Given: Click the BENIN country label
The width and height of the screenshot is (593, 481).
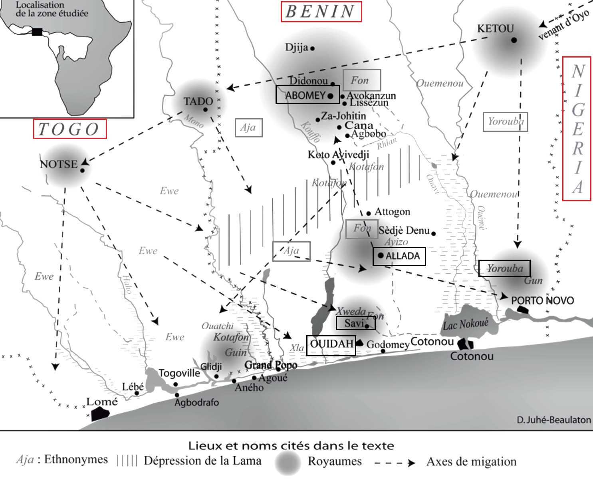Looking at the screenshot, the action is coord(321,12).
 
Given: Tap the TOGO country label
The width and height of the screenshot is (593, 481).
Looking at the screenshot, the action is coord(70,129).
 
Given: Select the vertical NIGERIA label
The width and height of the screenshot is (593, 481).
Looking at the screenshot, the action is coord(577,129).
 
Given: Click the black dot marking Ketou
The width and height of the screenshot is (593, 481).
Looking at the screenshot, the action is coord(514,40).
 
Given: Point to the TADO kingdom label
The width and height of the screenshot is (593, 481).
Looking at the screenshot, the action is coord(198,101).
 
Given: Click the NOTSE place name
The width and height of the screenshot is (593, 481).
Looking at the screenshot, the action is coord(59,164).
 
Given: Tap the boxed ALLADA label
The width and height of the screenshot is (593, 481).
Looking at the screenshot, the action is coord(399,256).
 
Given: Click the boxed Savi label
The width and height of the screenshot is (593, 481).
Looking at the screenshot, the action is coord(355,323).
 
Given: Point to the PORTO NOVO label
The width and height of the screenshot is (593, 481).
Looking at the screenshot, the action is coord(542,300).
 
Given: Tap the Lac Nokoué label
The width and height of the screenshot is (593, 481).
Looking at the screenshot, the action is coord(466,323).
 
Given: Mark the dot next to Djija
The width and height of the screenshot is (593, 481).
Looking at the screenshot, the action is coord(312,48).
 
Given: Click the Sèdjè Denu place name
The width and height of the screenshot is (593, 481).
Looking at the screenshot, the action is coord(404,231).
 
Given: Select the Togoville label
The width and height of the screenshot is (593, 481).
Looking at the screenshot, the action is coord(179,373).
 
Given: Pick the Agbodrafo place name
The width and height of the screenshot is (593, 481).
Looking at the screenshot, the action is coord(196,402).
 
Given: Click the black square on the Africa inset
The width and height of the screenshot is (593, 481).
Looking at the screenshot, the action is coord(37,32).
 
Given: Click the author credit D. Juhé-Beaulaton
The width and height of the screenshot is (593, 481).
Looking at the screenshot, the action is coord(553,420).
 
